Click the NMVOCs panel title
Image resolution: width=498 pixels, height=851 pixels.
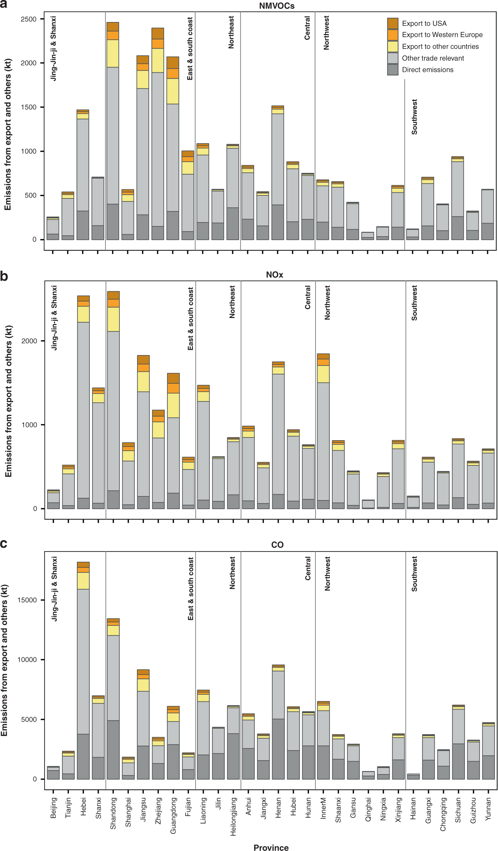coord(277,6)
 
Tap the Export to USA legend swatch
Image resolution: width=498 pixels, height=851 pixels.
coord(393,23)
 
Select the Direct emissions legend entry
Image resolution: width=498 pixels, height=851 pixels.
coord(427,70)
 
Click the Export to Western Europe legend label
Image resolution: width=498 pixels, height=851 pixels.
coord(442,35)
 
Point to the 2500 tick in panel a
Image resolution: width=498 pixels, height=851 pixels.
coord(29,19)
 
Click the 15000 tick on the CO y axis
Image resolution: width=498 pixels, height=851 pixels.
coord(27,600)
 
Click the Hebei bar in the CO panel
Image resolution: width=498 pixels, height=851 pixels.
coord(83,675)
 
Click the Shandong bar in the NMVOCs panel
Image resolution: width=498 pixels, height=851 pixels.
coord(113,135)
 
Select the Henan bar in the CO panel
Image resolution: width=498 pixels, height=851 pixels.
coord(278,726)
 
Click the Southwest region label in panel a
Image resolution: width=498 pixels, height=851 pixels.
coord(414,117)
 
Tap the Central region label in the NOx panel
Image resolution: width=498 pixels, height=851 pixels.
coord(308,297)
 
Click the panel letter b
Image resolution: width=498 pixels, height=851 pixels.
coord(4,276)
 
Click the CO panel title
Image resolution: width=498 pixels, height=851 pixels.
coord(277,545)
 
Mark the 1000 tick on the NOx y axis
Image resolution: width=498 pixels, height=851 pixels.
coord(29,425)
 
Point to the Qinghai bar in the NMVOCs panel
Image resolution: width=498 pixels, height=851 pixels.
coord(367,236)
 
